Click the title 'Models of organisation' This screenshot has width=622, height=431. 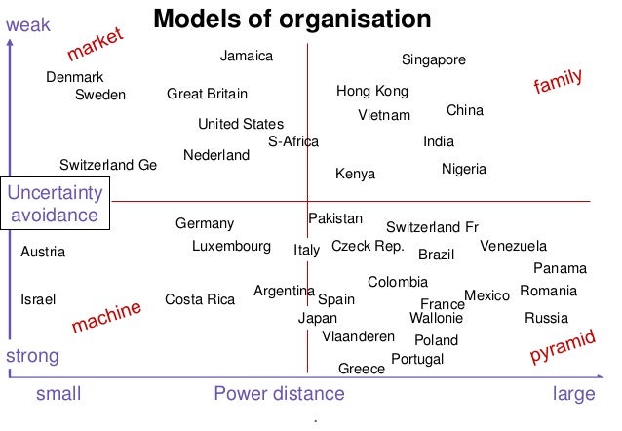coord(292,20)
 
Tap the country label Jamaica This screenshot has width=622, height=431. coord(246,57)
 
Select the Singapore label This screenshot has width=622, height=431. coord(434,60)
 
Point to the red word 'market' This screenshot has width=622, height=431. coord(97,43)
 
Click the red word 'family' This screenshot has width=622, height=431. coord(559,83)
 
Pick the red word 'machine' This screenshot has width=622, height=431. coord(106,318)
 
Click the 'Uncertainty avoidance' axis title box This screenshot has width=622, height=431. coord(54,203)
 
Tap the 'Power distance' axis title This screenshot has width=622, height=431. coord(279,394)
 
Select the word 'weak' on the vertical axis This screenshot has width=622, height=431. coord(27,24)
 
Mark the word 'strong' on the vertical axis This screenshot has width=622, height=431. coord(32,356)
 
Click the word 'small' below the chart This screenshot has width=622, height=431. coord(58,394)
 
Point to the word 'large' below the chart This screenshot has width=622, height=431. coord(573,394)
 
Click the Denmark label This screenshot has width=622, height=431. coord(75,77)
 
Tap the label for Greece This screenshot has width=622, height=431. coord(361,369)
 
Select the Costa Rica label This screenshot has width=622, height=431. coord(200,299)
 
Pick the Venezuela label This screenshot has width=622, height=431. coord(514,246)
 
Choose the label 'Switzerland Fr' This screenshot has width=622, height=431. coord(432,227)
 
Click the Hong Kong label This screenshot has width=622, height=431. coord(371,92)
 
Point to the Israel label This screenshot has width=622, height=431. coord(38,299)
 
